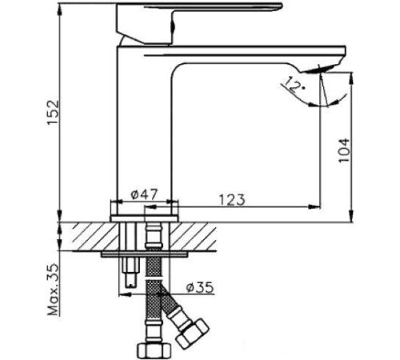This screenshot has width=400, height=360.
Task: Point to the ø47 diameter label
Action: tap(145, 193)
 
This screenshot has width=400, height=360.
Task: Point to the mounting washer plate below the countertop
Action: tap(148, 255)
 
